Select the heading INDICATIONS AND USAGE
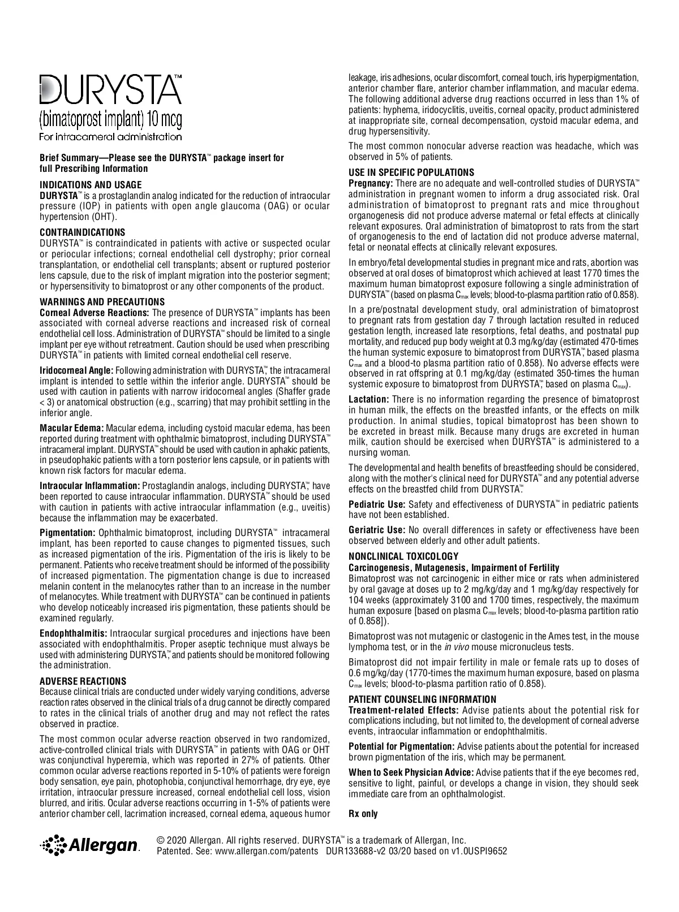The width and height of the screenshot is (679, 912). pyautogui.click(x=91, y=185)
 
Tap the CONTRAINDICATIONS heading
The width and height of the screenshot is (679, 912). pyautogui.click(x=83, y=232)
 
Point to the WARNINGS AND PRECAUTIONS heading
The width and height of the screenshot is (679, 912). pyautogui.click(x=102, y=302)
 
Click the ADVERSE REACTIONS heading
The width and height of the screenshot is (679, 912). pyautogui.click(x=83, y=681)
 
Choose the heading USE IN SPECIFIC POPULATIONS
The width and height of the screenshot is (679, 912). pyautogui.click(x=411, y=172)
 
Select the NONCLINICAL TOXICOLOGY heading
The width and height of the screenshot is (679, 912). pyautogui.click(x=403, y=556)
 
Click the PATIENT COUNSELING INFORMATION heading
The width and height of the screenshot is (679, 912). pyautogui.click(x=422, y=699)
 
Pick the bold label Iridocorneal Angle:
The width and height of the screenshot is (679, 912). pyautogui.click(x=76, y=370)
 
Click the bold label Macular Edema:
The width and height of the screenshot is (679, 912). pyautogui.click(x=71, y=428)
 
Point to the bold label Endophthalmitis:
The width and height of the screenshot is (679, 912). pyautogui.click(x=74, y=633)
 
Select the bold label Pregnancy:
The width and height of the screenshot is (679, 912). pyautogui.click(x=371, y=184)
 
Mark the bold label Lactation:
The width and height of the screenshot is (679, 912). pyautogui.click(x=369, y=399)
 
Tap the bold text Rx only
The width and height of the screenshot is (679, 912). pyautogui.click(x=363, y=814)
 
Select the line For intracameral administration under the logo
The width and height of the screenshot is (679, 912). pyautogui.click(x=111, y=136)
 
